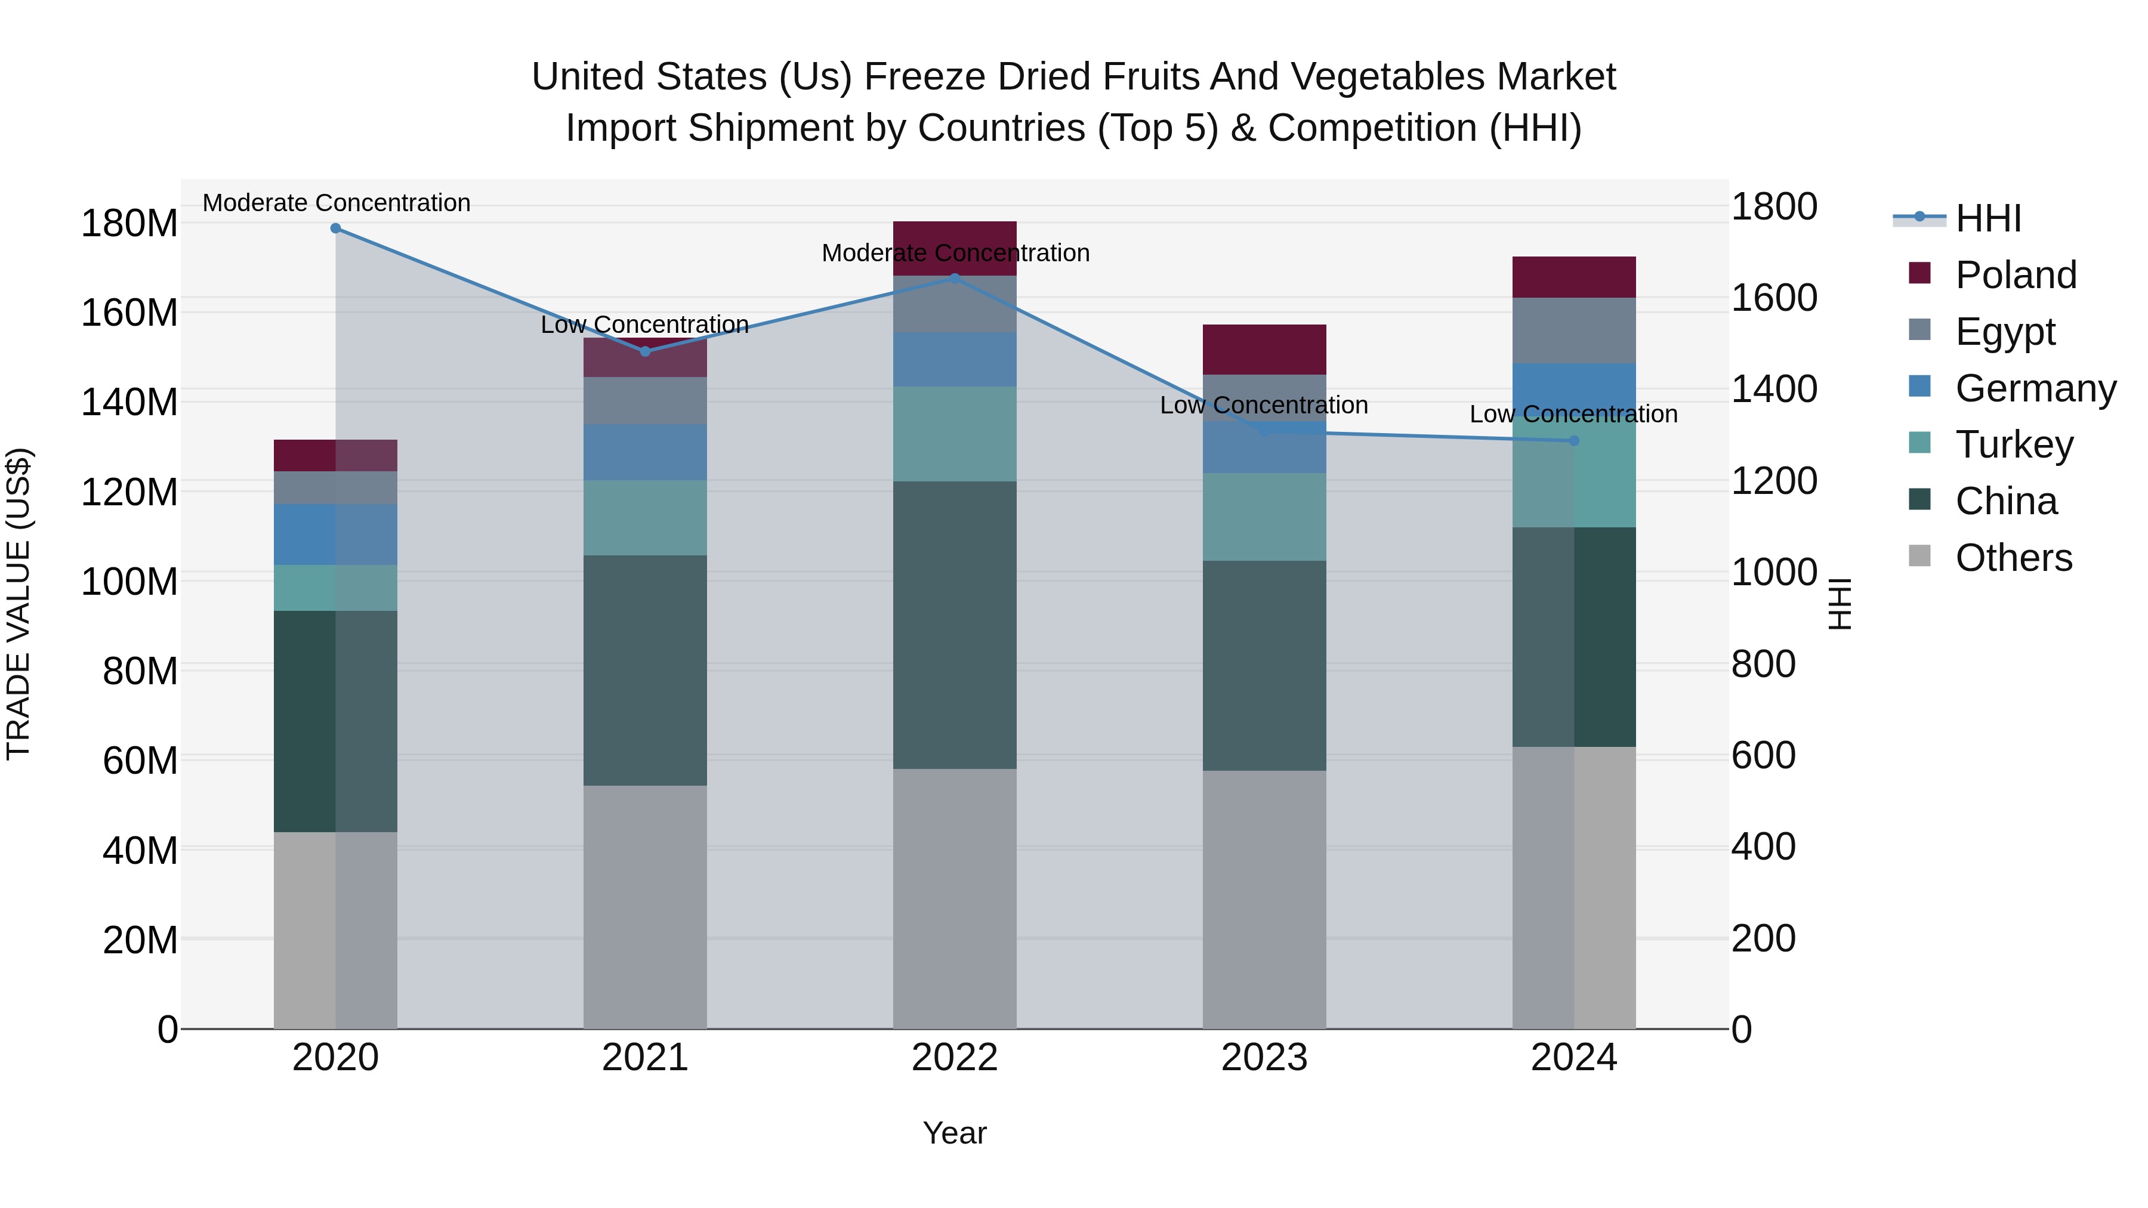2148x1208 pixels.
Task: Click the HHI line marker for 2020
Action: [335, 228]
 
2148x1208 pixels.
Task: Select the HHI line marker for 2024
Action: [1573, 440]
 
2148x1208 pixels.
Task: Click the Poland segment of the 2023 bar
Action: [1264, 350]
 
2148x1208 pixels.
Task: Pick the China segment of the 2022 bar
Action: [955, 625]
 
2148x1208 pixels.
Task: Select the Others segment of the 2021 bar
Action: [644, 906]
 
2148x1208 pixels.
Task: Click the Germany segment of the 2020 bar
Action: [335, 535]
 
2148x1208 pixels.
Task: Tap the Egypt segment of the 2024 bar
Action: [1573, 330]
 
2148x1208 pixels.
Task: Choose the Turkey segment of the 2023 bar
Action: [1264, 516]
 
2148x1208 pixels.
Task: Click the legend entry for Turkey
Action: [2014, 444]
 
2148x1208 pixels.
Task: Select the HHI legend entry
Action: [1988, 218]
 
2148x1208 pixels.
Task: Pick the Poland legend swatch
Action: [1919, 273]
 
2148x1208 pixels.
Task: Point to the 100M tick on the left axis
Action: [129, 581]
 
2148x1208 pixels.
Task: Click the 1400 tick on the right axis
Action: [1774, 390]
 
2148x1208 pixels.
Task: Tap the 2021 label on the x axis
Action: [644, 1058]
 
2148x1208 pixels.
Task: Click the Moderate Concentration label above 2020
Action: [336, 203]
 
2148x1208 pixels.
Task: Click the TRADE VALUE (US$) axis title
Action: [18, 604]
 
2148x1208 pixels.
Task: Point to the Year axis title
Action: [954, 1133]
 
